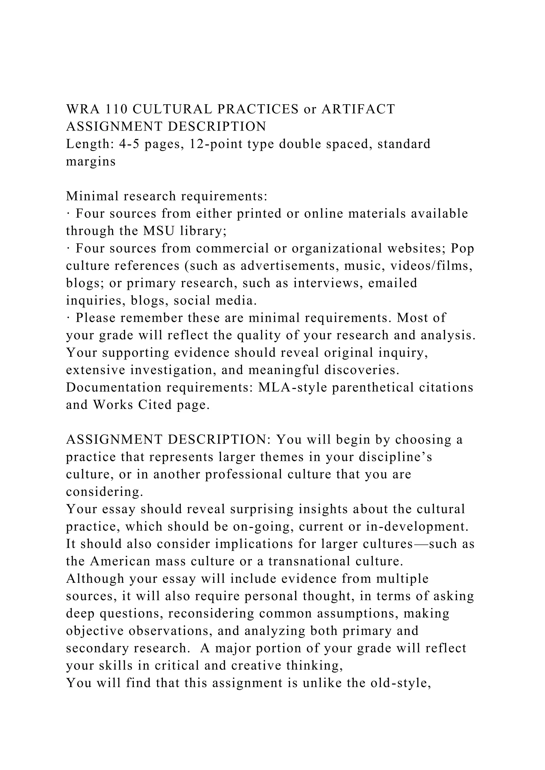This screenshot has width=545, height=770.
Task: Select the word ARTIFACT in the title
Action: pos(358,109)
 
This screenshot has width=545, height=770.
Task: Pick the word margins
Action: pos(90,162)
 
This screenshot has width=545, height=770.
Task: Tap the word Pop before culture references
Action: pos(462,249)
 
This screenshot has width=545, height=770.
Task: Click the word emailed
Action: pos(392,283)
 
